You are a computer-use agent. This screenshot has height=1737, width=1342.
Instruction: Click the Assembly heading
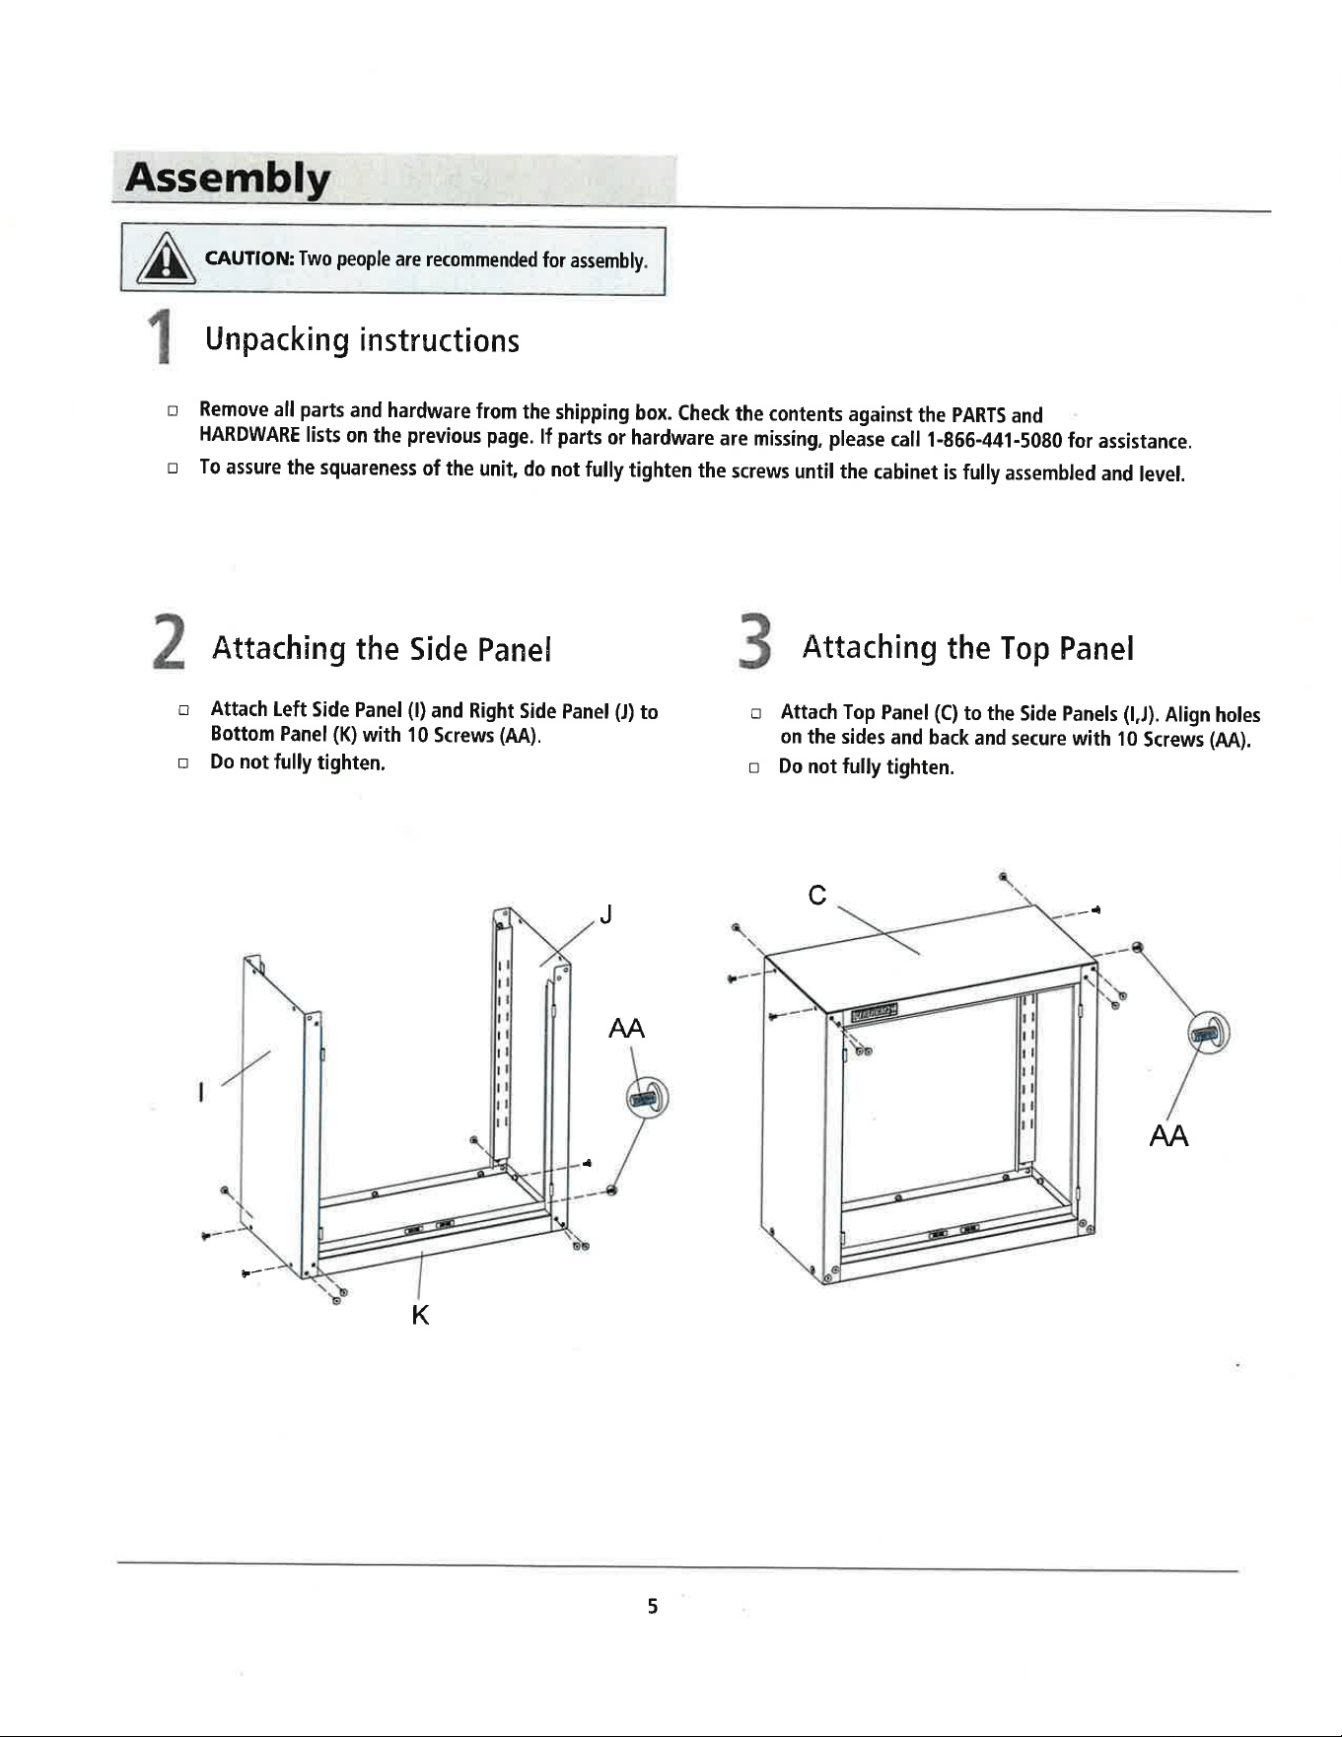point(227,179)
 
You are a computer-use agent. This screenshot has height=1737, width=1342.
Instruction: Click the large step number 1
point(160,336)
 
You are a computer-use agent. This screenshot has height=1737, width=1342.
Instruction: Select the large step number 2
point(170,642)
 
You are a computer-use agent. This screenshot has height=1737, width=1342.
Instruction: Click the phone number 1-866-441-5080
point(995,440)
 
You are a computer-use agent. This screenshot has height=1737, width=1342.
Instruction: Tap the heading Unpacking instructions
point(362,340)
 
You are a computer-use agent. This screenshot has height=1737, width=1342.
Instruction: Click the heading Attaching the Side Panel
point(382,649)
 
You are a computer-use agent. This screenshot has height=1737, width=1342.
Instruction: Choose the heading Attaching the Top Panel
point(968,648)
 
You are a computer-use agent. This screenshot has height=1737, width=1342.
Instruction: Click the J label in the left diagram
point(606,915)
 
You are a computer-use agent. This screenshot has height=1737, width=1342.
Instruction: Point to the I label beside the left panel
point(200,1093)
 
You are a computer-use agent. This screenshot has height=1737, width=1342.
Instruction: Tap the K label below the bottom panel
point(420,1315)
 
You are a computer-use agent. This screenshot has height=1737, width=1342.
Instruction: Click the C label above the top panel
point(816,895)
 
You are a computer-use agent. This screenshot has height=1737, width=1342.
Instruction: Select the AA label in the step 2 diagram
point(627,1029)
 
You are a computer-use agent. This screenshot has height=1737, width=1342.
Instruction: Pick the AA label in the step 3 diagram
point(1168,1136)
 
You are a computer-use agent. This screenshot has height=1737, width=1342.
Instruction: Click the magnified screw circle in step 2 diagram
point(648,1098)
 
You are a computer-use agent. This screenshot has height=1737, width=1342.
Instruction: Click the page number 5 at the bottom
point(652,1607)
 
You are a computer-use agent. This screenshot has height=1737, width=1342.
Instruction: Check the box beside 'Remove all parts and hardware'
point(173,409)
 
